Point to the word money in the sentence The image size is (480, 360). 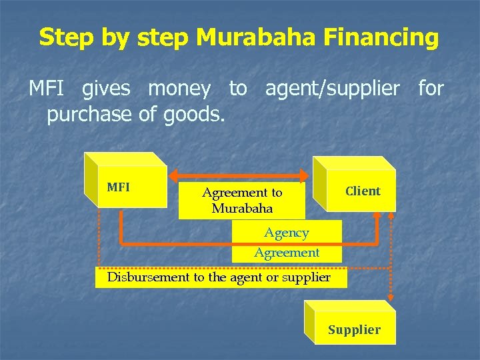(x=179, y=88)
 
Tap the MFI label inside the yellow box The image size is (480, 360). (x=118, y=187)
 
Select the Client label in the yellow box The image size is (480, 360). (x=363, y=191)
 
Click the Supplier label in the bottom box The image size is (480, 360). (x=354, y=330)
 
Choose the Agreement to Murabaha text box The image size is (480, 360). (x=242, y=200)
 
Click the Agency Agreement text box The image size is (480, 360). (x=287, y=242)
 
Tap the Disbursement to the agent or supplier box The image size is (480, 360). (x=219, y=277)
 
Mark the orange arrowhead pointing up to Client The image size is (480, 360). (x=377, y=217)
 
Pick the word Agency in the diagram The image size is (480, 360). (x=287, y=233)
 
